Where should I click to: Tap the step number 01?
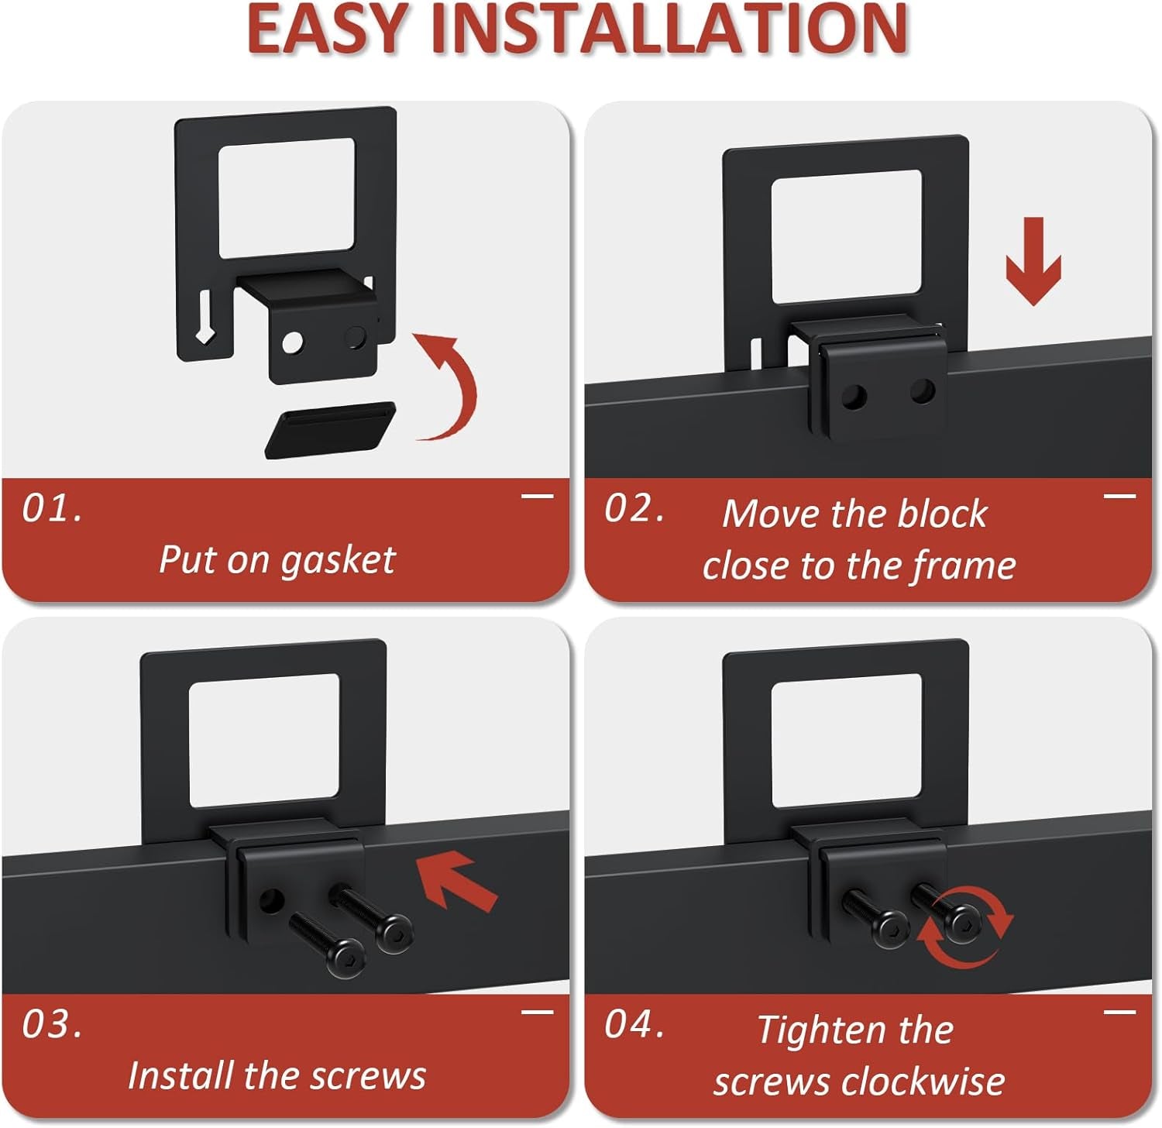52,509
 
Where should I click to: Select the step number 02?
634,509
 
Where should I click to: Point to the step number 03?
52,1025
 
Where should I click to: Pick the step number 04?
634,1025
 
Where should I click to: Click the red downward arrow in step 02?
1033,261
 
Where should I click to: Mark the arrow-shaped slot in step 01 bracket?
205,317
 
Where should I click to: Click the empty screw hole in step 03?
270,901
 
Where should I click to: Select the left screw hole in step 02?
854,397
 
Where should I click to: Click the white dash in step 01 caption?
537,496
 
